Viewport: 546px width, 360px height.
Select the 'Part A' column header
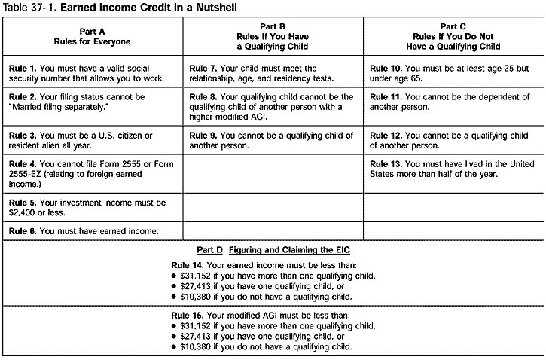click(x=92, y=34)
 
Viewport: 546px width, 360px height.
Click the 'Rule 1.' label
click(x=23, y=68)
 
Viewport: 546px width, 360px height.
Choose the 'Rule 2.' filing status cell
click(x=92, y=102)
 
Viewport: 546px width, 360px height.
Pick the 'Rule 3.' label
click(x=23, y=135)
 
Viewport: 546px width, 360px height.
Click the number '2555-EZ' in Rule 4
click(x=26, y=172)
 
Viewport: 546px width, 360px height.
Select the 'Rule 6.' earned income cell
click(x=92, y=230)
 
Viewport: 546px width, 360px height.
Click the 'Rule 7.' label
click(x=204, y=68)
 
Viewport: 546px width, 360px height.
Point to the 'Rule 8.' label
click(x=204, y=97)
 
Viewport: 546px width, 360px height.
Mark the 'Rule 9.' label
click(x=204, y=135)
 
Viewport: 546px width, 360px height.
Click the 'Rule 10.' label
click(x=387, y=68)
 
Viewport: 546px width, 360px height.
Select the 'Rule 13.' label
click(x=387, y=163)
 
